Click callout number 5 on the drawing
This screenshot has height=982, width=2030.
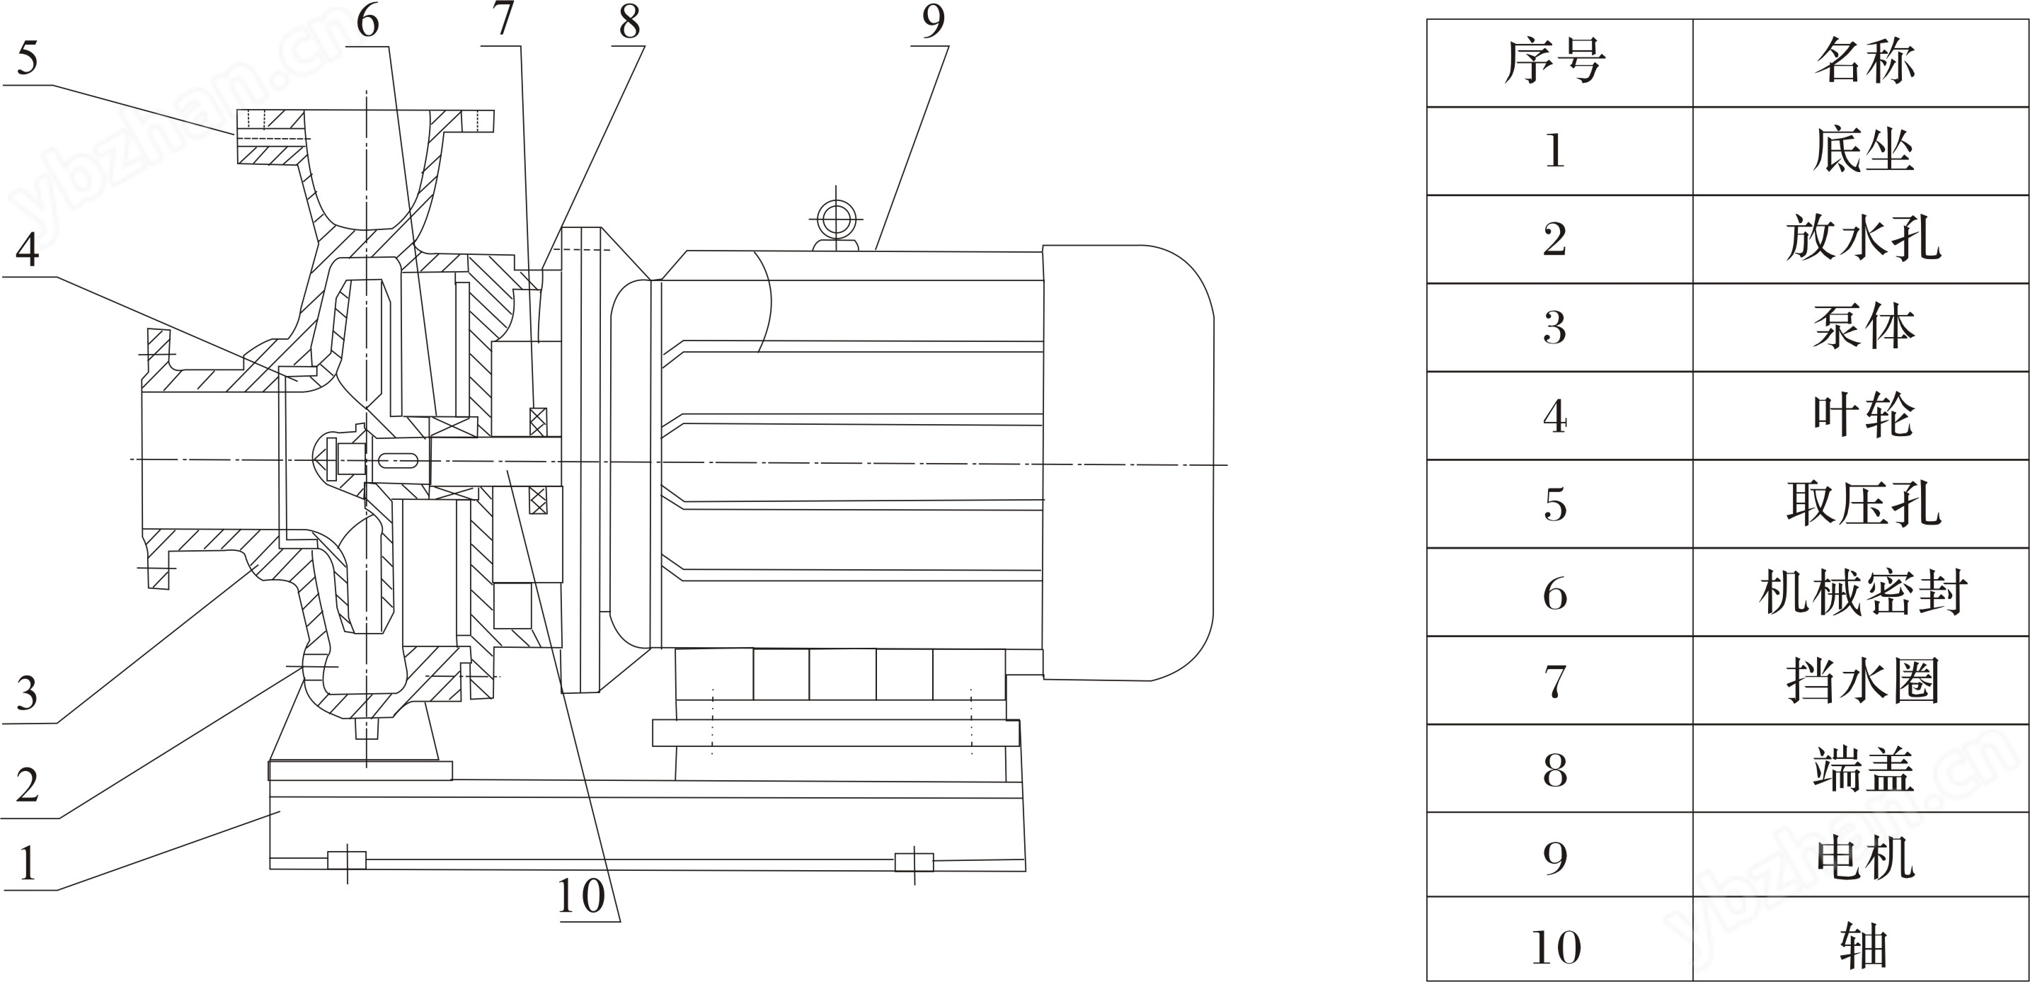28,58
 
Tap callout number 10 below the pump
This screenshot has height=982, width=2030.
582,896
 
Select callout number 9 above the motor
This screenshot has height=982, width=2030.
933,22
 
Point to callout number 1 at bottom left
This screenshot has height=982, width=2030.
28,862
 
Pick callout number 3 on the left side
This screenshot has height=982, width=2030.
28,694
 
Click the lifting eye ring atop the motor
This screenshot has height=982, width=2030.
836,217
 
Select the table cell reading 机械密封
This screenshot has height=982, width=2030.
1863,593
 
